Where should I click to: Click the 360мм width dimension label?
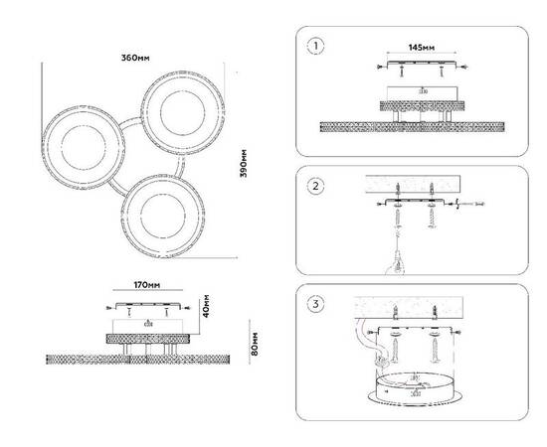135,58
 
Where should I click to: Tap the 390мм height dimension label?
243,163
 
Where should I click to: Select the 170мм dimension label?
147,285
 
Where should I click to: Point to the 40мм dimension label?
206,306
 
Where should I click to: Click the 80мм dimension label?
255,344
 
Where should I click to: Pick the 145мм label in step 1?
422,48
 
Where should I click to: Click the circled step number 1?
315,47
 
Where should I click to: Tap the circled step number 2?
315,186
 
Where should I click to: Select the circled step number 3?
315,304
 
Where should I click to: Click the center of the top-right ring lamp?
183,113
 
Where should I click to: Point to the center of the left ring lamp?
84,147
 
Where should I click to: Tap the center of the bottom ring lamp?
163,216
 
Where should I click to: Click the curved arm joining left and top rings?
129,122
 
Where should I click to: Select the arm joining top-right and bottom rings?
180,167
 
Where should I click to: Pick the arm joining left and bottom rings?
118,188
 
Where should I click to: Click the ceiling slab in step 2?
413,185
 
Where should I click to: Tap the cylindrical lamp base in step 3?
416,389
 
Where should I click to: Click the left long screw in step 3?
395,351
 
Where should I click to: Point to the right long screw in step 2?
432,219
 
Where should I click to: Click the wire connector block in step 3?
381,361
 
